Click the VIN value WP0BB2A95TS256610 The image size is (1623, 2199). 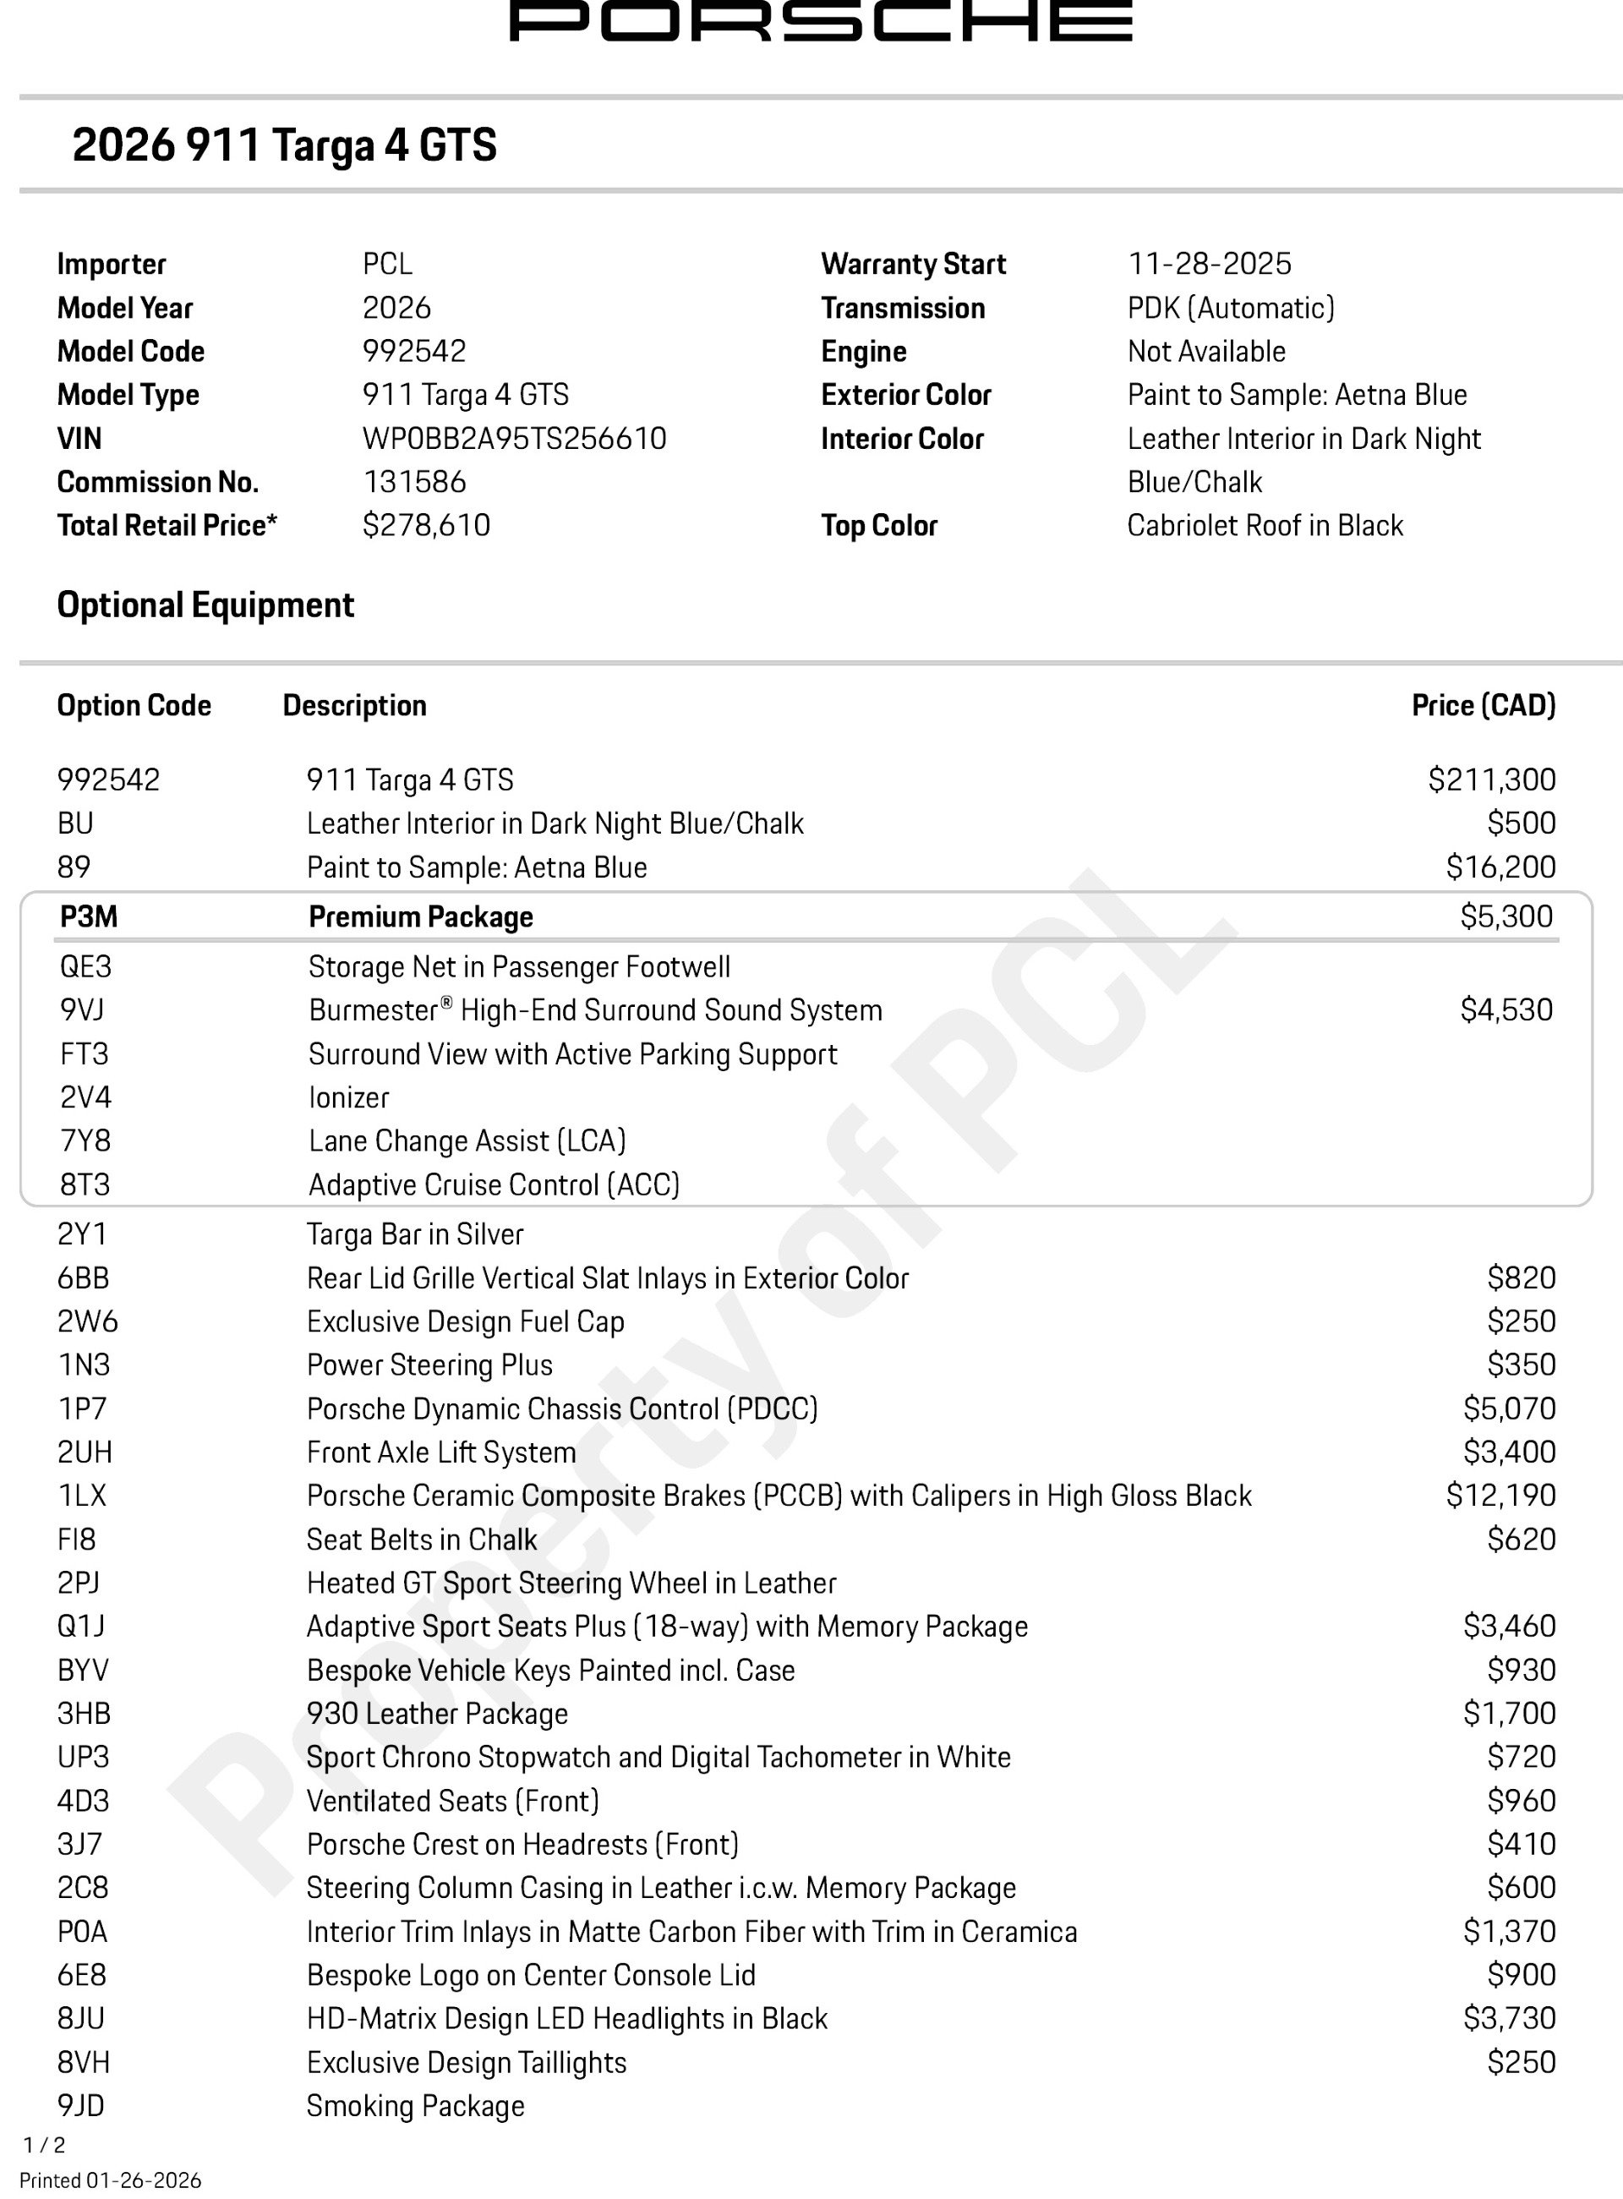[x=514, y=438]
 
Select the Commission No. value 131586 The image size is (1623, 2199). [x=414, y=481]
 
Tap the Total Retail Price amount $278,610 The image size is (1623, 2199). [x=426, y=526]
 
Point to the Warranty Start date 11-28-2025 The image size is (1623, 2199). [x=1209, y=265]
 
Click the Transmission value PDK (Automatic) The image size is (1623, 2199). [x=1230, y=309]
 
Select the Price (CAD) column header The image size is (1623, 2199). [x=1483, y=705]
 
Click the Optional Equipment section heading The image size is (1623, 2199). [x=205, y=605]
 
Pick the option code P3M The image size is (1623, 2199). [x=89, y=916]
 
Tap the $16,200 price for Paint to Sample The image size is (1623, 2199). [x=1500, y=867]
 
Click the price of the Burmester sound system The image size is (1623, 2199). [x=1506, y=1010]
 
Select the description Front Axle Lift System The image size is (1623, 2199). [x=441, y=1452]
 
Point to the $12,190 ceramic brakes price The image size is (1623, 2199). [x=1500, y=1496]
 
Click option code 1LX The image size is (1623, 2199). [x=81, y=1496]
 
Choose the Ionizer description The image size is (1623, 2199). [x=349, y=1097]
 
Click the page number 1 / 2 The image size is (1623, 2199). [x=44, y=2145]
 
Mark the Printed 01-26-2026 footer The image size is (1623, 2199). [x=110, y=2180]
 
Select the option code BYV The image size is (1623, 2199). [x=83, y=1671]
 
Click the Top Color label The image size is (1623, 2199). [x=878, y=526]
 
